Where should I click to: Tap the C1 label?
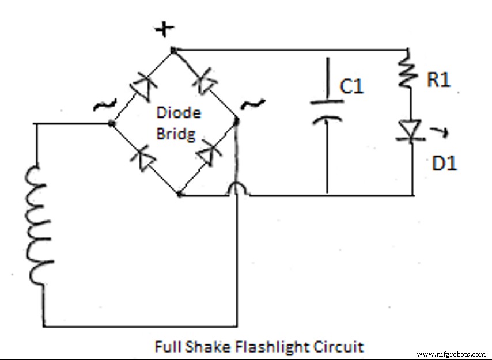(351, 86)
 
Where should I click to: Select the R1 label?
(438, 80)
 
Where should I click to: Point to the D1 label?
(444, 163)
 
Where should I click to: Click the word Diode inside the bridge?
(179, 113)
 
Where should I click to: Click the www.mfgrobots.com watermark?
(451, 354)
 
